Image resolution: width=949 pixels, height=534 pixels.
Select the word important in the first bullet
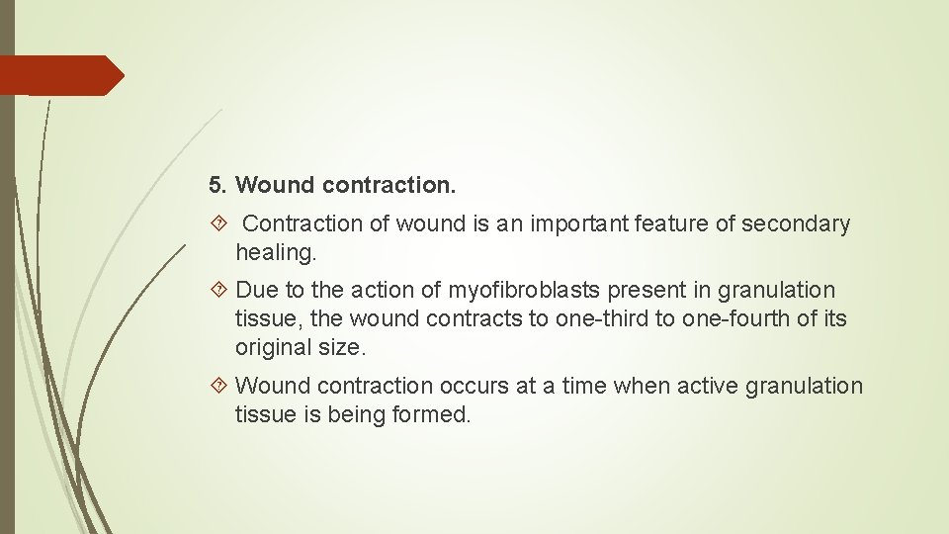point(580,224)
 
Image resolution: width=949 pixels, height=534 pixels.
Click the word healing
point(274,253)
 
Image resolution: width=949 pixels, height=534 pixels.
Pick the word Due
point(257,291)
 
